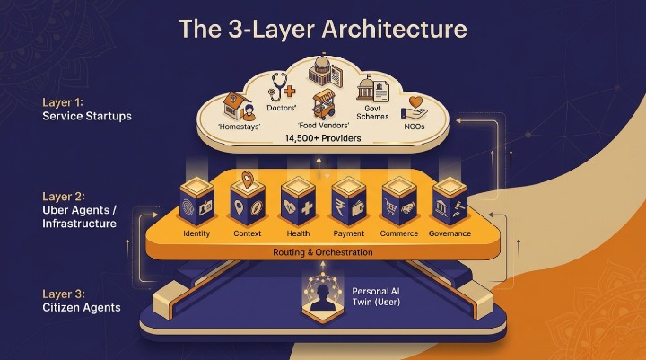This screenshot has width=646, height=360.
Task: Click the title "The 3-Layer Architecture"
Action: tap(323, 29)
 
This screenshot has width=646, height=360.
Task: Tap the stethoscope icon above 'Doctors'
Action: tap(282, 87)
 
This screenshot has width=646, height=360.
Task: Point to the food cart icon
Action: tap(324, 104)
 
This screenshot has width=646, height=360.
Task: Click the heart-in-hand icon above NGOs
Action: tap(415, 108)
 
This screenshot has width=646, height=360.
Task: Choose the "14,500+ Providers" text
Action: tap(323, 138)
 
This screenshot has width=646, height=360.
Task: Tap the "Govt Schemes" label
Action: tap(372, 112)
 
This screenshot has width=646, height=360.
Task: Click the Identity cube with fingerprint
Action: tap(196, 201)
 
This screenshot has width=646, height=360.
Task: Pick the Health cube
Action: tap(298, 201)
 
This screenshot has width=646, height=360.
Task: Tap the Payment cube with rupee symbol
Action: tap(348, 201)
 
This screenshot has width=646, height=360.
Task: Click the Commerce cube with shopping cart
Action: tap(399, 201)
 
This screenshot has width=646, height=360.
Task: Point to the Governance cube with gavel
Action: tap(450, 201)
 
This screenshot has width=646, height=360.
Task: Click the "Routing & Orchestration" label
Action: tap(323, 252)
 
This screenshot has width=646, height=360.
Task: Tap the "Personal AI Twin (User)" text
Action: tap(376, 296)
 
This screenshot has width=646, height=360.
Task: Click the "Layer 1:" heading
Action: tap(63, 102)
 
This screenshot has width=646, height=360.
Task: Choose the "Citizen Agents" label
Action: tap(82, 307)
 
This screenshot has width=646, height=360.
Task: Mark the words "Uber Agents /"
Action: tap(80, 210)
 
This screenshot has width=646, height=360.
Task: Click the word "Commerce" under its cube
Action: tap(398, 233)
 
